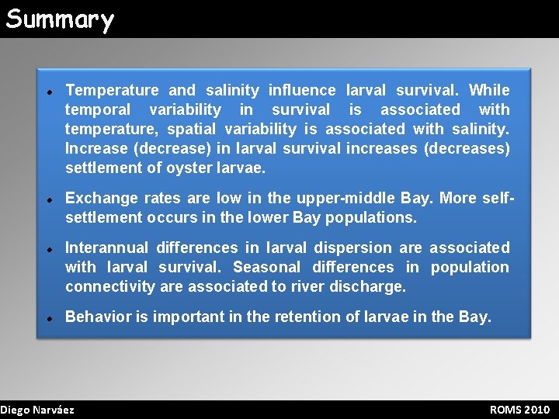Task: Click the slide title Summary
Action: pyautogui.click(x=60, y=19)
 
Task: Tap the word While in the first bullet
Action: pyautogui.click(x=489, y=91)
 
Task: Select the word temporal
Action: pyautogui.click(x=97, y=110)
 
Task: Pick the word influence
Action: pyautogui.click(x=302, y=91)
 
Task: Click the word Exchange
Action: pyautogui.click(x=98, y=199)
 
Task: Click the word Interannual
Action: pyautogui.click(x=106, y=248)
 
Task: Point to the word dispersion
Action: pyautogui.click(x=353, y=248)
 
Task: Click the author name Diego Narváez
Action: pyautogui.click(x=37, y=410)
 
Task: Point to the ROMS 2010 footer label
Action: pyautogui.click(x=519, y=410)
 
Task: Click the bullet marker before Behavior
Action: pyautogui.click(x=49, y=318)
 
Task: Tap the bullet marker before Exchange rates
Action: pyautogui.click(x=49, y=199)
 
